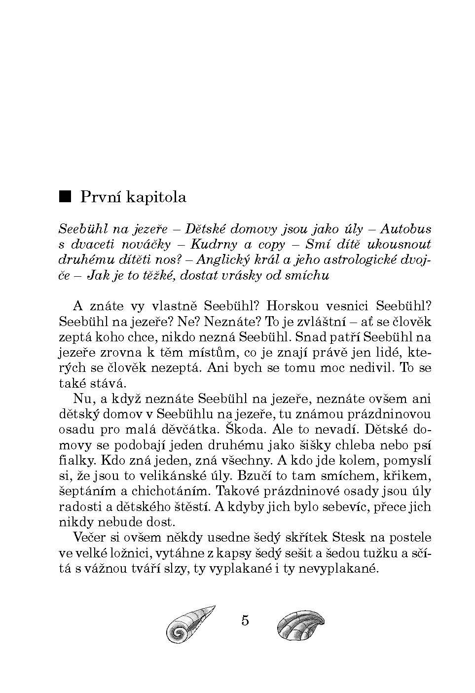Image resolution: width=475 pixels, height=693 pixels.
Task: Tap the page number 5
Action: coord(245,620)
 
